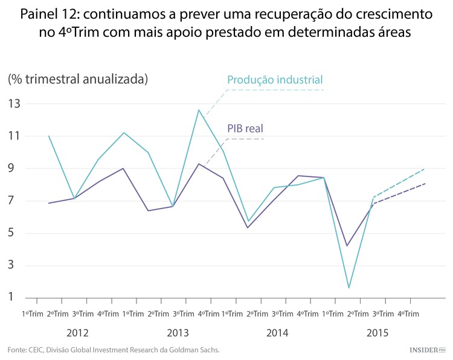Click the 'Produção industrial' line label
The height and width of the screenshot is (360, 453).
(x=275, y=80)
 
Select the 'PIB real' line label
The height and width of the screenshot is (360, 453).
(x=245, y=128)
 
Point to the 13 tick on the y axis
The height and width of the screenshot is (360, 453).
(x=14, y=104)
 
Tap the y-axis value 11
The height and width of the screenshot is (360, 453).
(x=14, y=137)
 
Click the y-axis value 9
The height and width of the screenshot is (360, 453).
(x=16, y=169)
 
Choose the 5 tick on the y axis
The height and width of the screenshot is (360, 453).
(x=16, y=234)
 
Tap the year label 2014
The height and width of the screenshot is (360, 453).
(x=277, y=333)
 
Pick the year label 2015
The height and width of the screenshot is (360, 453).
(x=377, y=333)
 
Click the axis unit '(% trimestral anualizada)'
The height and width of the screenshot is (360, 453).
(x=78, y=79)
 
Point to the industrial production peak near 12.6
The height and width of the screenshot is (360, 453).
(x=199, y=110)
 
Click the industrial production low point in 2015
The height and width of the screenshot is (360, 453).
(x=349, y=288)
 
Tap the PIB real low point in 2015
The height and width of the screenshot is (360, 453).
(x=347, y=245)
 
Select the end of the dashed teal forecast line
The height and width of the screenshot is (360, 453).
(x=425, y=169)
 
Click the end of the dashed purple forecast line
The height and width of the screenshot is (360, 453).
(x=425, y=184)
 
